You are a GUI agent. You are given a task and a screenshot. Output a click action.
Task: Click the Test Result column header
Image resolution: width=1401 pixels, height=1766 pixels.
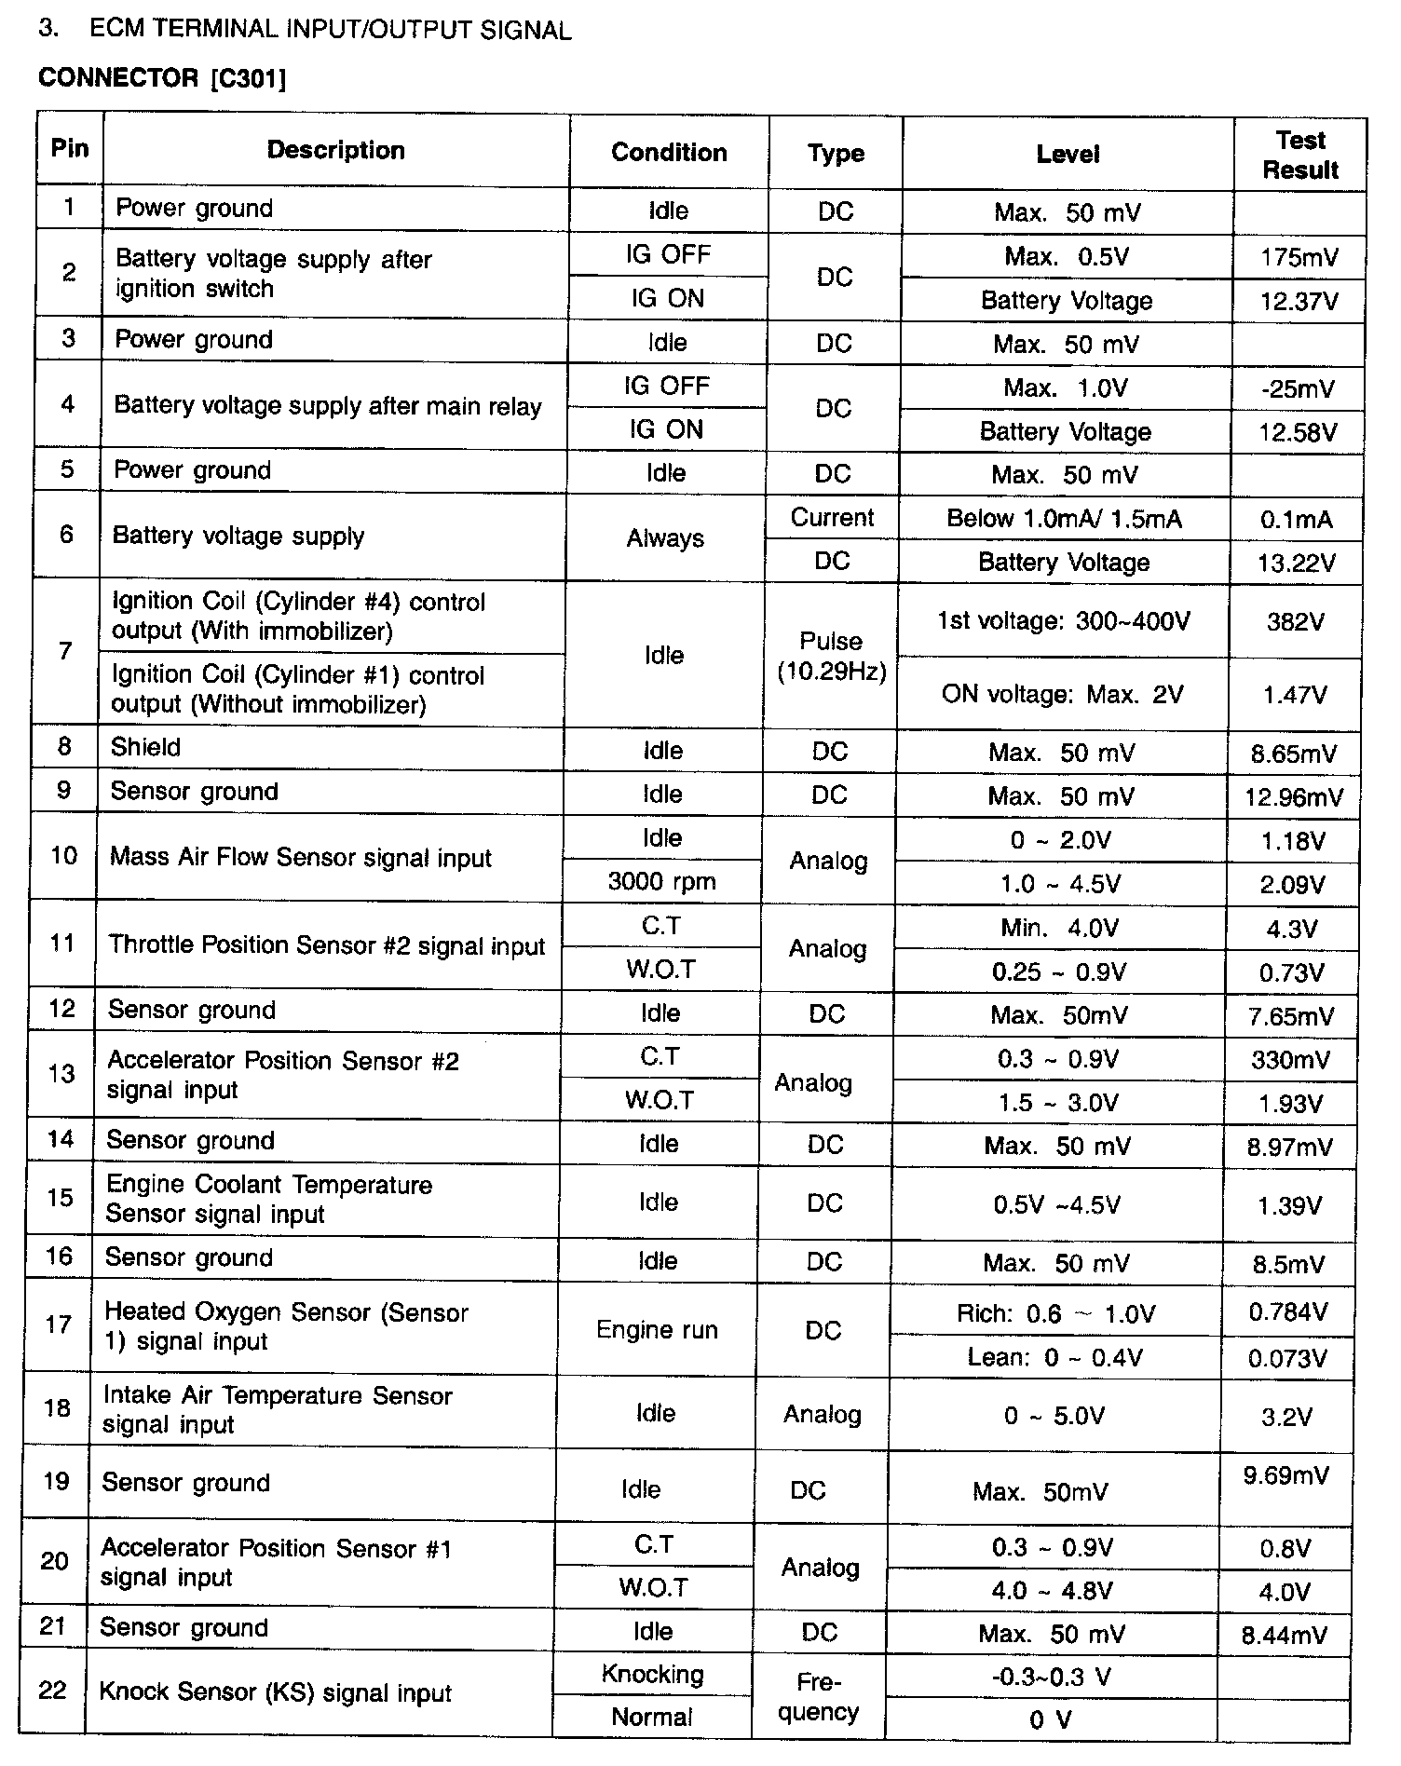[x=1300, y=155]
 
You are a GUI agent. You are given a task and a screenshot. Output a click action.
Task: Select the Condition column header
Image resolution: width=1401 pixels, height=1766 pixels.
[x=669, y=153]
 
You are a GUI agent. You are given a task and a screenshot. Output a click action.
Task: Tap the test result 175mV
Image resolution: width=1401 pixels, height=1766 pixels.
[x=1299, y=257]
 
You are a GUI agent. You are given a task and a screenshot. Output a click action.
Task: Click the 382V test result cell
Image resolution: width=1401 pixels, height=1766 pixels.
[x=1295, y=622]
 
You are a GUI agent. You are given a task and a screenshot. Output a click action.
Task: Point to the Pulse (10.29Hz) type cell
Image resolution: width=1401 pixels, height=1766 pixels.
[x=831, y=656]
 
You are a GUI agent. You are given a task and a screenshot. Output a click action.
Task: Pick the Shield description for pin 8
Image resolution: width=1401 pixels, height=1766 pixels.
[x=145, y=747]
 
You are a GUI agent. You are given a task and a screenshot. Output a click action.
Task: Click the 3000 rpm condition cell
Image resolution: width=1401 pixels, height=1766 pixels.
[x=661, y=881]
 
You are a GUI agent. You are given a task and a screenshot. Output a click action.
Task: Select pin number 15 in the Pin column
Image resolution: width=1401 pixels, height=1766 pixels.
[x=60, y=1197]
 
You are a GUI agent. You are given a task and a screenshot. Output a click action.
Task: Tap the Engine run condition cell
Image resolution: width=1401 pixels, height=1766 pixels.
[x=657, y=1329]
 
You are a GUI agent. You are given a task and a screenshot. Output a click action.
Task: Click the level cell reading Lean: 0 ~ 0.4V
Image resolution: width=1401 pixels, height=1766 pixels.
[x=1054, y=1358]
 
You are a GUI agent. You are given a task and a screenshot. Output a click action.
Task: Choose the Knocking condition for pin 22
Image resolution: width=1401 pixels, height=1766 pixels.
[x=652, y=1674]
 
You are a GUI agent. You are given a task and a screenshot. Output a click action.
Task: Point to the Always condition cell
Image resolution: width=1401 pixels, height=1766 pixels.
[x=664, y=538]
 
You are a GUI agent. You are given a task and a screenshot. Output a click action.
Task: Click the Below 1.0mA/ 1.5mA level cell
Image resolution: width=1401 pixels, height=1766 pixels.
[x=1064, y=519]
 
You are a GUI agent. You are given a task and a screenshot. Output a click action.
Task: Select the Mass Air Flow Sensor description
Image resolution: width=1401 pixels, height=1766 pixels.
[x=300, y=858]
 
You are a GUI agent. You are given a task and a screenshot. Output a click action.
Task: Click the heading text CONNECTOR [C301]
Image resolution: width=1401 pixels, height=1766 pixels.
[x=162, y=78]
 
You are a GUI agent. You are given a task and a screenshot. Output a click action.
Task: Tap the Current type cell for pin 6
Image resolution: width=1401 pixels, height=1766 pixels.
[x=832, y=518]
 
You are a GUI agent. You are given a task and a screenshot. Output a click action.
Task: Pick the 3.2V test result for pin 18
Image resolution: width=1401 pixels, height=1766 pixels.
[x=1286, y=1417]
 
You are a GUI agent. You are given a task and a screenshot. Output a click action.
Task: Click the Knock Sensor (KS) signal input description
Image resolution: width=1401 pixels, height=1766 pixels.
[x=275, y=1692]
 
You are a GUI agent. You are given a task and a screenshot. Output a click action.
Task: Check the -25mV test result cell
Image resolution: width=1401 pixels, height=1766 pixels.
[x=1297, y=388]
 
